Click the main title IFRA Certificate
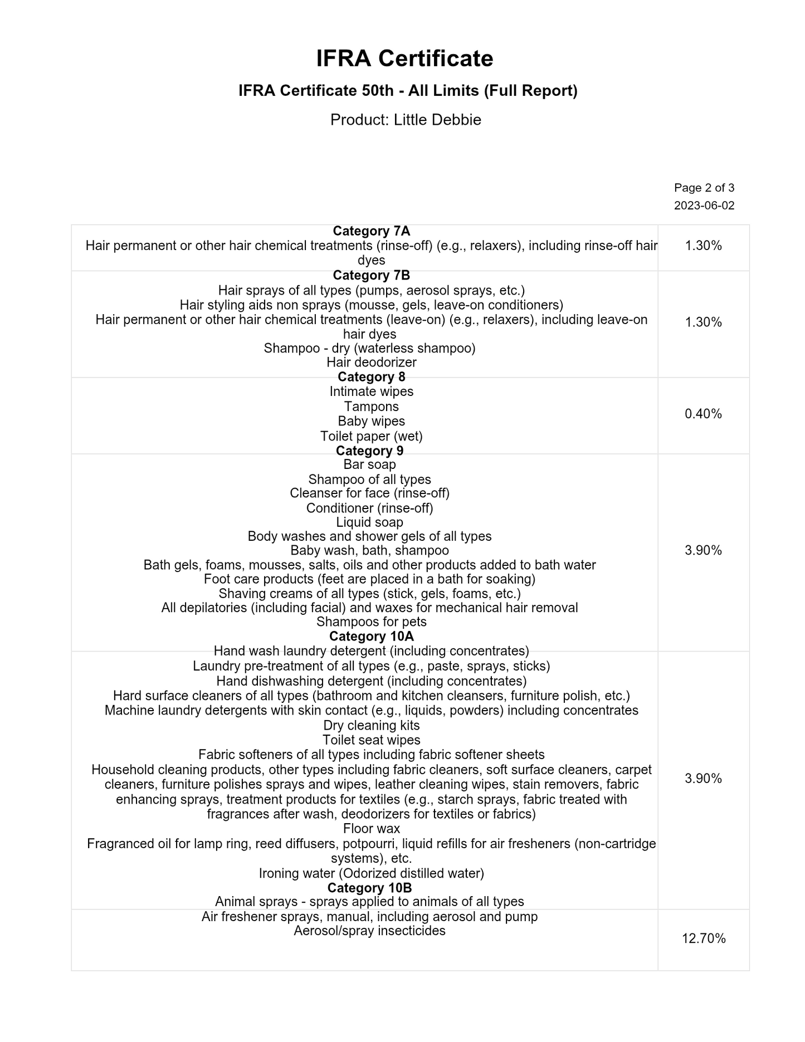(404, 58)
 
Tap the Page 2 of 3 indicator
(704, 188)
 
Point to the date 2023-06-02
(704, 206)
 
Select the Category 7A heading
(371, 231)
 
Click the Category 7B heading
(371, 276)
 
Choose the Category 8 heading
(371, 377)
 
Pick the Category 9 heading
(369, 451)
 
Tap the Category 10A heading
(371, 637)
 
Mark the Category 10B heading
(369, 888)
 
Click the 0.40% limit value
(703, 414)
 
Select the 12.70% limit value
(704, 938)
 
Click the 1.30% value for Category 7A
(703, 246)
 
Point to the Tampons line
(371, 407)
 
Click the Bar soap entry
(369, 464)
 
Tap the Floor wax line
(371, 829)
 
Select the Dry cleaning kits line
(371, 725)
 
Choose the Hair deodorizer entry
(371, 363)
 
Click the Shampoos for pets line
(371, 622)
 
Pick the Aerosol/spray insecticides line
(369, 931)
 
